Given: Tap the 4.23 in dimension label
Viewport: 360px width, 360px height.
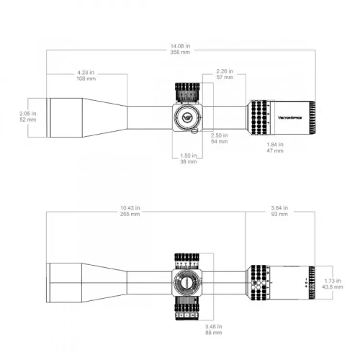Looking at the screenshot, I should pyautogui.click(x=87, y=72).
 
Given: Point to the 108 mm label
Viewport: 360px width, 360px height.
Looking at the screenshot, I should pyautogui.click(x=87, y=78).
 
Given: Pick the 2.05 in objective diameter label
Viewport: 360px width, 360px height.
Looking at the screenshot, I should pyautogui.click(x=26, y=113).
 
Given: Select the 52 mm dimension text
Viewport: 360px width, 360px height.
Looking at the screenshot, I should pyautogui.click(x=26, y=120).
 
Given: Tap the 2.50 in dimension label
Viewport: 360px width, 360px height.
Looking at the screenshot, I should pyautogui.click(x=219, y=135).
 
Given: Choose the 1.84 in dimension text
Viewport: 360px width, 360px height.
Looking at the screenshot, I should pyautogui.click(x=275, y=145).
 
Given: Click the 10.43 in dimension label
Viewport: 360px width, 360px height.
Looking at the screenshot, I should pyautogui.click(x=131, y=207).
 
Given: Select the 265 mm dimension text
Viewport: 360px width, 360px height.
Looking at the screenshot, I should pyautogui.click(x=131, y=214).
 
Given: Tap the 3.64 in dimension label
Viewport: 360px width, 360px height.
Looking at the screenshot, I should pyautogui.click(x=279, y=207).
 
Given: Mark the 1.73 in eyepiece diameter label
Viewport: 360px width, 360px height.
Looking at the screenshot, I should pyautogui.click(x=333, y=281).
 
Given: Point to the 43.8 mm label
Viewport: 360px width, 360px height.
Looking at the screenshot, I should pyautogui.click(x=333, y=287).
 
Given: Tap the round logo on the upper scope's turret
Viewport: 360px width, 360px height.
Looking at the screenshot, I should pyautogui.click(x=187, y=117).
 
